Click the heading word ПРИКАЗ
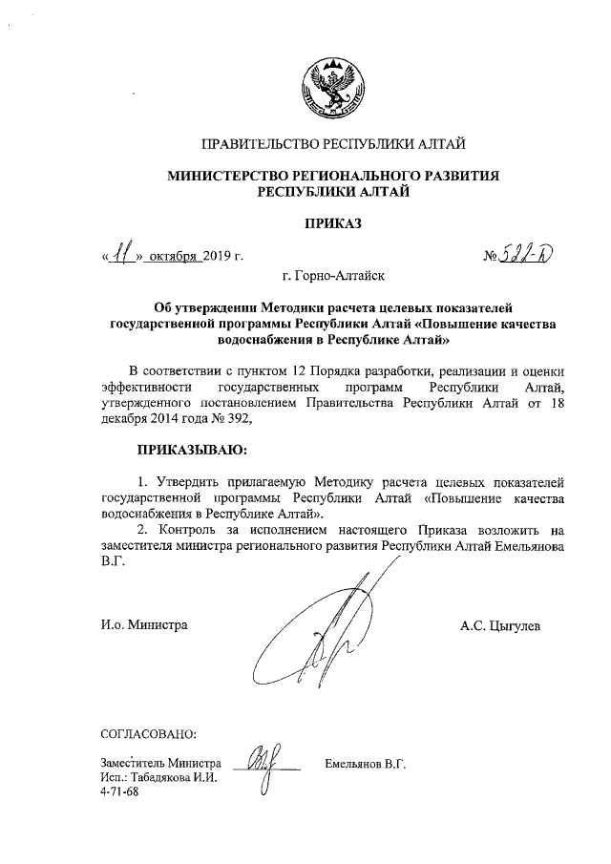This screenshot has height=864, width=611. click(x=333, y=224)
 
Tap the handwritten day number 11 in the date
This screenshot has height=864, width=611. click(x=123, y=255)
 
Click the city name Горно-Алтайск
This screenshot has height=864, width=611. click(x=333, y=277)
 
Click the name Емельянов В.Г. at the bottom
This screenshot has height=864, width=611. click(x=366, y=764)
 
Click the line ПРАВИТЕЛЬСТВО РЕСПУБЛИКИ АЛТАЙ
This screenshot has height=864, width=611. click(x=332, y=145)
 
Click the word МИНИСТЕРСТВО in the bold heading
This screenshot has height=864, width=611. click(x=234, y=176)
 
